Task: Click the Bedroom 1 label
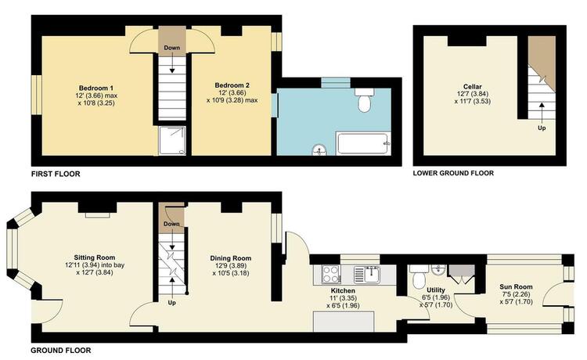95,88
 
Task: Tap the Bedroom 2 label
232,85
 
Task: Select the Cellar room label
473,86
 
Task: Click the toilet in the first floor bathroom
364,99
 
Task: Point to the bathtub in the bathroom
363,144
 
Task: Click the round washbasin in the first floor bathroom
319,150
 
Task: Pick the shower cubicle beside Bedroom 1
172,141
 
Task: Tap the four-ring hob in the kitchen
331,274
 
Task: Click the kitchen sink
367,275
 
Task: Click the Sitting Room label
95,257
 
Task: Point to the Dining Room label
231,258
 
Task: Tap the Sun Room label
516,286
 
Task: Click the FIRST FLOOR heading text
56,174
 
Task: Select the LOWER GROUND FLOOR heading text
453,173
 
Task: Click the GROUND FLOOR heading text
60,351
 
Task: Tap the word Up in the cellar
542,128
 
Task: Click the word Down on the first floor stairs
172,48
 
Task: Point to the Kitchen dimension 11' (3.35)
344,298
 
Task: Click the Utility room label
436,290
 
